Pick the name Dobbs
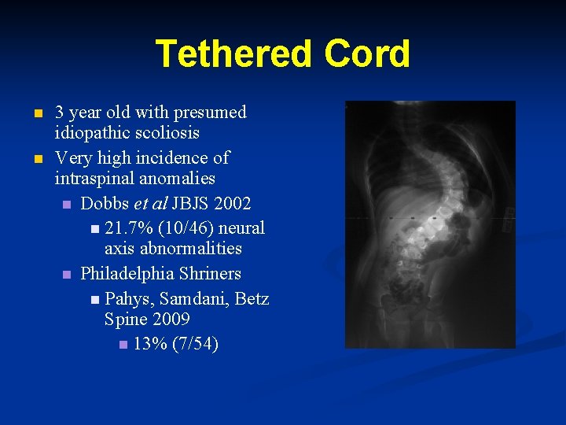click(105, 204)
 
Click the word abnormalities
click(173, 249)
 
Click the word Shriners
click(215, 274)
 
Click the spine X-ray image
click(430, 224)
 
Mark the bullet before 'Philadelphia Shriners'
click(67, 275)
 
